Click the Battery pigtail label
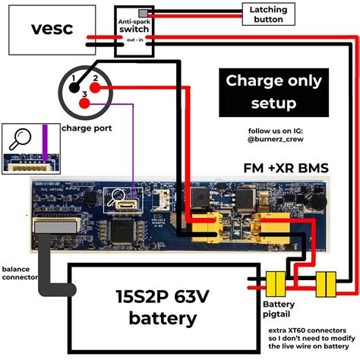[279, 308]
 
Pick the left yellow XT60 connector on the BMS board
[207, 226]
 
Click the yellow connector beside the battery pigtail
[274, 286]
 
